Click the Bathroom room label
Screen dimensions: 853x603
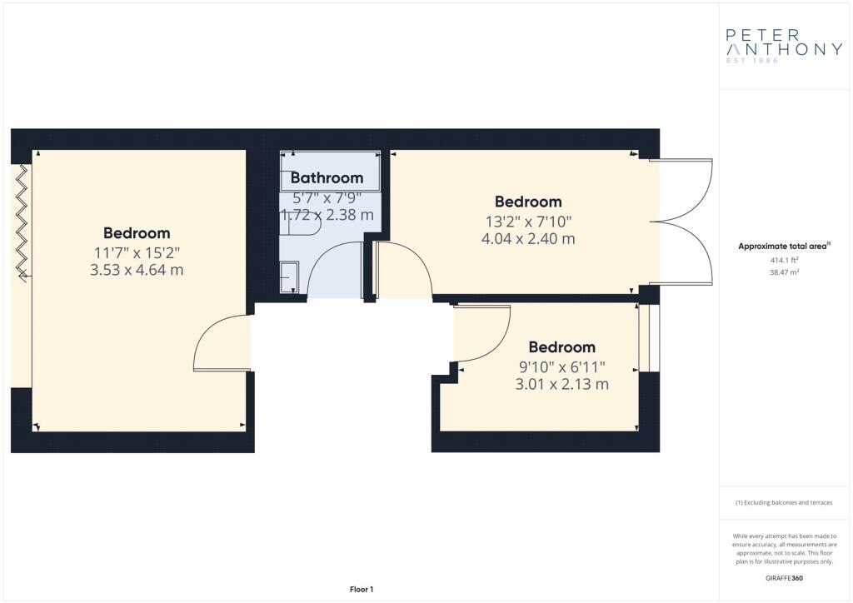327,177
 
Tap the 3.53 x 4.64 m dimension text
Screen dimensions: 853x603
137,270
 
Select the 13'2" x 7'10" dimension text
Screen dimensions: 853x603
528,222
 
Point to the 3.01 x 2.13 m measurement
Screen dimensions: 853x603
562,384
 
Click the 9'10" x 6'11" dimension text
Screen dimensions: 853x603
562,367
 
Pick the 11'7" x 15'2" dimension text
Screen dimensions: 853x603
137,253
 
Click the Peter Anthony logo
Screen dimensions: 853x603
784,46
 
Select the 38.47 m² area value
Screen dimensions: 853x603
784,272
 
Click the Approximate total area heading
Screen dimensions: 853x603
784,247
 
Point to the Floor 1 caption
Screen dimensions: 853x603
362,590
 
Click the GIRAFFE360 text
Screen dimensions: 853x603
784,578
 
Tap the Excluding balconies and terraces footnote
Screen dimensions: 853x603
784,503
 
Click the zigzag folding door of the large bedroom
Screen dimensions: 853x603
22,223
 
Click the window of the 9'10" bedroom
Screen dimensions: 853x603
649,337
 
